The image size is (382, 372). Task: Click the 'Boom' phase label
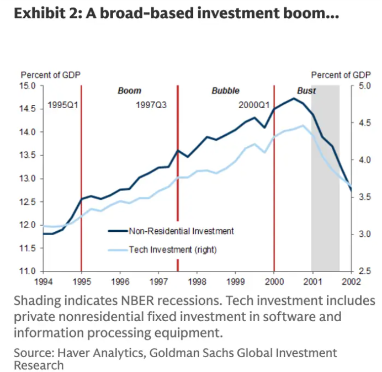click(x=130, y=91)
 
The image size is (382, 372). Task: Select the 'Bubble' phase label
click(x=226, y=91)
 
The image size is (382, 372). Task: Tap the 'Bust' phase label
click(x=306, y=91)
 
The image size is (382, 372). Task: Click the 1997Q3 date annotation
click(x=151, y=104)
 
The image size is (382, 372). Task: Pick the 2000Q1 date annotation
click(x=254, y=104)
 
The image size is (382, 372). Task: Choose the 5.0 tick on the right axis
click(x=365, y=86)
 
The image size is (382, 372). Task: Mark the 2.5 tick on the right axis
click(x=365, y=271)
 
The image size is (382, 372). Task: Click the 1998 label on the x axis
click(x=197, y=281)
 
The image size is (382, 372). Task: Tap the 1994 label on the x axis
click(x=43, y=281)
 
